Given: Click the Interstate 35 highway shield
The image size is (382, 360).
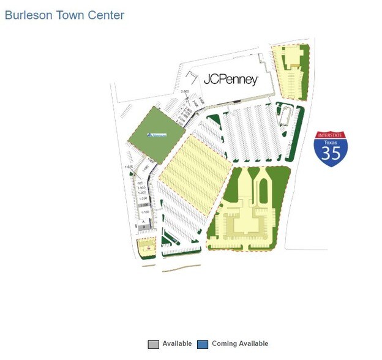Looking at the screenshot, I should tap(331, 149).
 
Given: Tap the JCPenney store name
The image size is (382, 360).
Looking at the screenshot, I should tap(230, 80).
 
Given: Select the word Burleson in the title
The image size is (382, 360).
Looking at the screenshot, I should tap(29, 15).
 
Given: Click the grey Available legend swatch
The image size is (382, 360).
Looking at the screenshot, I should tap(153, 344).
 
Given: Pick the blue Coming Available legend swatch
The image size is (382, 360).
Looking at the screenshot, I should tap(203, 344).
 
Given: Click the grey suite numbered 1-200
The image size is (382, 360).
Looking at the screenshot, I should tap(144, 205).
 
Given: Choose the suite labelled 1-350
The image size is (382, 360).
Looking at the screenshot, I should tap(143, 198).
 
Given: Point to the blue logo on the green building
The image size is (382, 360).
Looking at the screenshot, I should tap(157, 135).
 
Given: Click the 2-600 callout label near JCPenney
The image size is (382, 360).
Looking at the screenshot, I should tap(185, 92).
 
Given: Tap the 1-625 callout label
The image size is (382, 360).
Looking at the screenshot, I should tap(129, 167).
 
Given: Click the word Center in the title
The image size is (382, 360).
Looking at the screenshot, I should tap(105, 15).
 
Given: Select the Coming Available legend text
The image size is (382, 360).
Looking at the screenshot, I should tap(240, 343).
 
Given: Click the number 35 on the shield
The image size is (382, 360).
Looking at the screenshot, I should tap(331, 153).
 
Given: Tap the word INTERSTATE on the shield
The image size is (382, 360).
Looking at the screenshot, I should tap(331, 135).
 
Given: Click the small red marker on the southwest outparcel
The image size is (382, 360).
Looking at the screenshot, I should tap(148, 249).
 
